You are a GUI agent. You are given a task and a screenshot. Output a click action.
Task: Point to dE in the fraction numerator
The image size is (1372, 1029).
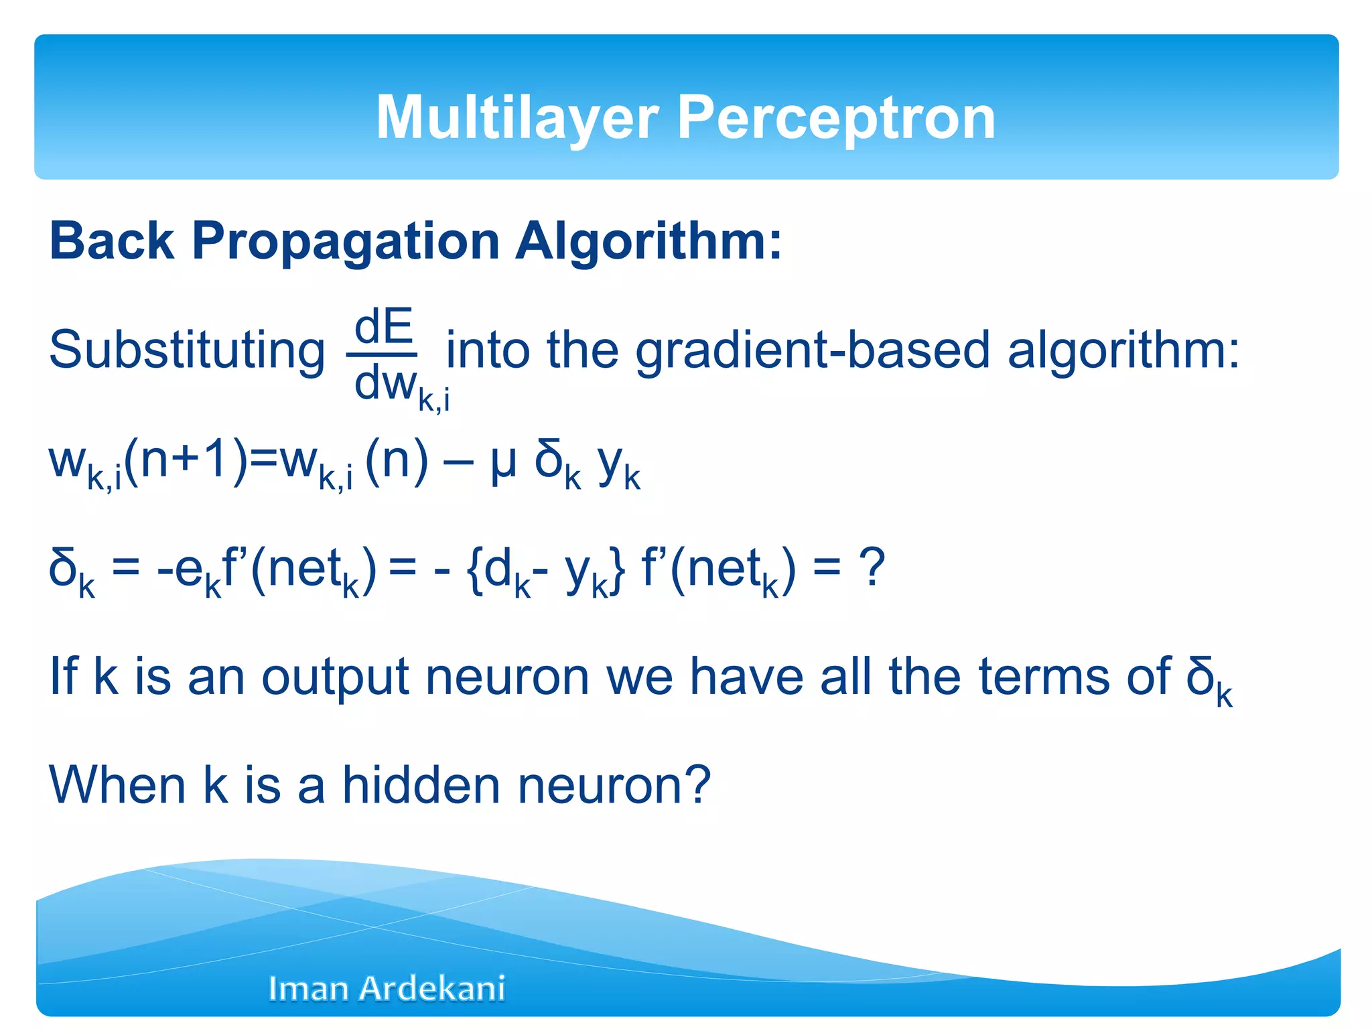pos(383,327)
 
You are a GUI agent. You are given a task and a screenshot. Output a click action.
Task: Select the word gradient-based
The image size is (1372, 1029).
pos(812,351)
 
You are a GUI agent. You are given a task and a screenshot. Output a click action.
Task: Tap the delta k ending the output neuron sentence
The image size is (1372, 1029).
pos(1209,679)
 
